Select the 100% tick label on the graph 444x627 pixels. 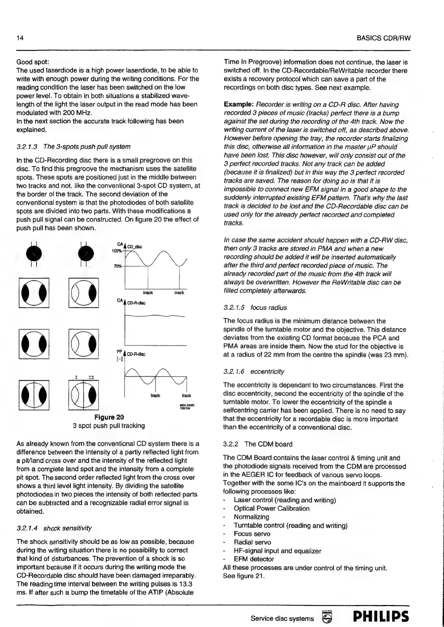click(117, 251)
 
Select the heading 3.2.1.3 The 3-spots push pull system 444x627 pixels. click(73, 146)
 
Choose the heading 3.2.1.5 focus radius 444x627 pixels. click(255, 308)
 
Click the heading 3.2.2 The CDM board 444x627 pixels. click(258, 444)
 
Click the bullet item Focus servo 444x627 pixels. click(252, 534)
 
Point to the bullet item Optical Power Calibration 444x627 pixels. click(271, 509)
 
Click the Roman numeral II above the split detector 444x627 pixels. click(91, 378)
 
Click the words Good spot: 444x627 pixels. click(33, 62)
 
